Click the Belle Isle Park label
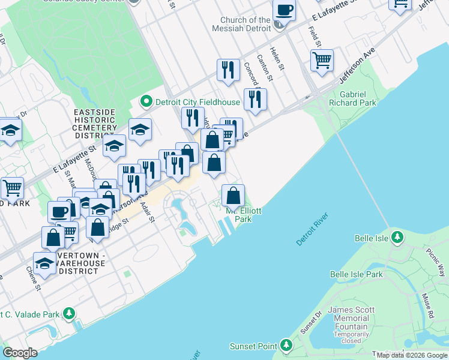[356, 274]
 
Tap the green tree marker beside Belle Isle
[397, 238]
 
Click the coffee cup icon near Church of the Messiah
[284, 10]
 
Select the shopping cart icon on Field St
[322, 60]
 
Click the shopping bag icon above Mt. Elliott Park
[233, 195]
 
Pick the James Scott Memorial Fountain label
[352, 318]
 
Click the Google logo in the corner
[20, 353]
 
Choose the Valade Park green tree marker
[70, 314]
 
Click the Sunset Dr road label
[307, 325]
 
